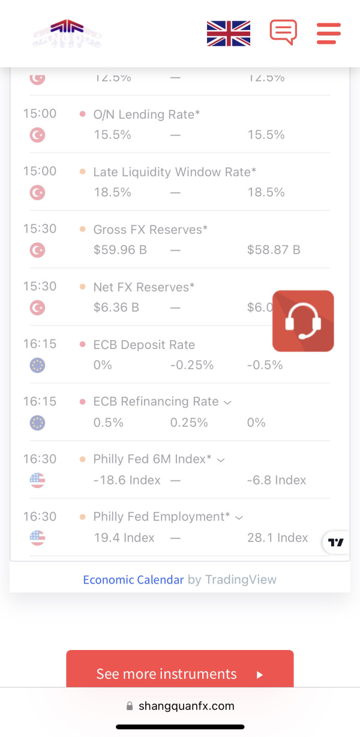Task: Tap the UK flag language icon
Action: [x=228, y=33]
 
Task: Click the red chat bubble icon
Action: [x=283, y=32]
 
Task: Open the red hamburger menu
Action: [x=328, y=33]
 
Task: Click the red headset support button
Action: [x=303, y=321]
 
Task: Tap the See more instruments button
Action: [x=179, y=673]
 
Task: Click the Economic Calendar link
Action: [x=133, y=579]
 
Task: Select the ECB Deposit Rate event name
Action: [x=144, y=345]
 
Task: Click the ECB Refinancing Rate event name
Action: [x=156, y=402]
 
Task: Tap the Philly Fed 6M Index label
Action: [x=152, y=459]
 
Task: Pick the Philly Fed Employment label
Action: [x=161, y=517]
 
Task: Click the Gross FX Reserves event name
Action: [x=151, y=229]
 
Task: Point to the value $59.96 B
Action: [x=120, y=249]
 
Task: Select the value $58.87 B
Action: [x=274, y=249]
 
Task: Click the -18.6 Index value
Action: [x=127, y=480]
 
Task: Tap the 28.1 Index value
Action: [x=277, y=537]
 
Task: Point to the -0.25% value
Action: [x=191, y=365]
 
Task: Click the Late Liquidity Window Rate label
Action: [x=175, y=172]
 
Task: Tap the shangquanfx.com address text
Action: [x=186, y=706]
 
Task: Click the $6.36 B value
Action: [x=116, y=307]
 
